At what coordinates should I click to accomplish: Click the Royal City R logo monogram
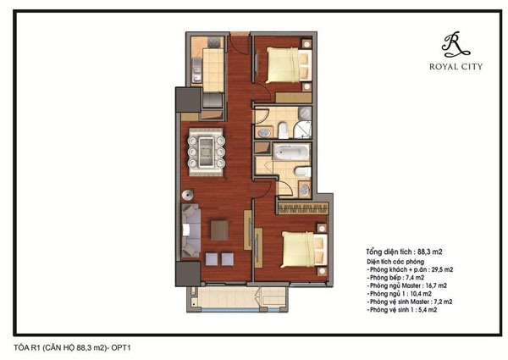pos(456,44)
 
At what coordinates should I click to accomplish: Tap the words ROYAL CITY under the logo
pos(456,67)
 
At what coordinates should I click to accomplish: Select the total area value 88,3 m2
pos(429,252)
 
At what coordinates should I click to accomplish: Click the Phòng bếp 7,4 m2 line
pos(395,277)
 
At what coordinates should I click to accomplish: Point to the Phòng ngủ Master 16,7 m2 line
pos(406,285)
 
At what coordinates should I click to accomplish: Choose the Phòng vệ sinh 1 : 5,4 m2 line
pos(401,310)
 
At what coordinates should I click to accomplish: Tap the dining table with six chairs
pos(206,152)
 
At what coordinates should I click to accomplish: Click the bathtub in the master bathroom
pos(291,152)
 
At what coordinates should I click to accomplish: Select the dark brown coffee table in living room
pos(219,230)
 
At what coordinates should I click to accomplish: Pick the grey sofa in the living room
pos(190,230)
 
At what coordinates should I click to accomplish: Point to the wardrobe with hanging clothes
pos(303,208)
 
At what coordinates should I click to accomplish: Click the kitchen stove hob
pos(214,42)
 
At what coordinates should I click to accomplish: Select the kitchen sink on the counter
pos(196,69)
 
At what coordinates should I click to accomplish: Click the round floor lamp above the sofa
pos(187,196)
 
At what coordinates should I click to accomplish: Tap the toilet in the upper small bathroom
pos(283,130)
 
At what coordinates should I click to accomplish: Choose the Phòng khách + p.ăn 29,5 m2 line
pos(410,269)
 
